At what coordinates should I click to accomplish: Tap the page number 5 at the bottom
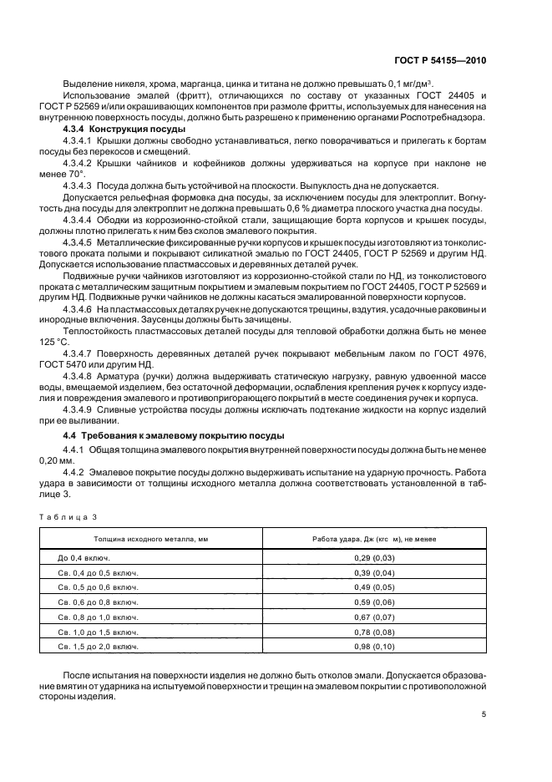(x=484, y=714)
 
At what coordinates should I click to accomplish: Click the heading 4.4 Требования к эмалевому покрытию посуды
(x=174, y=436)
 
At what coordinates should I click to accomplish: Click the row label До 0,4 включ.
(x=84, y=556)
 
